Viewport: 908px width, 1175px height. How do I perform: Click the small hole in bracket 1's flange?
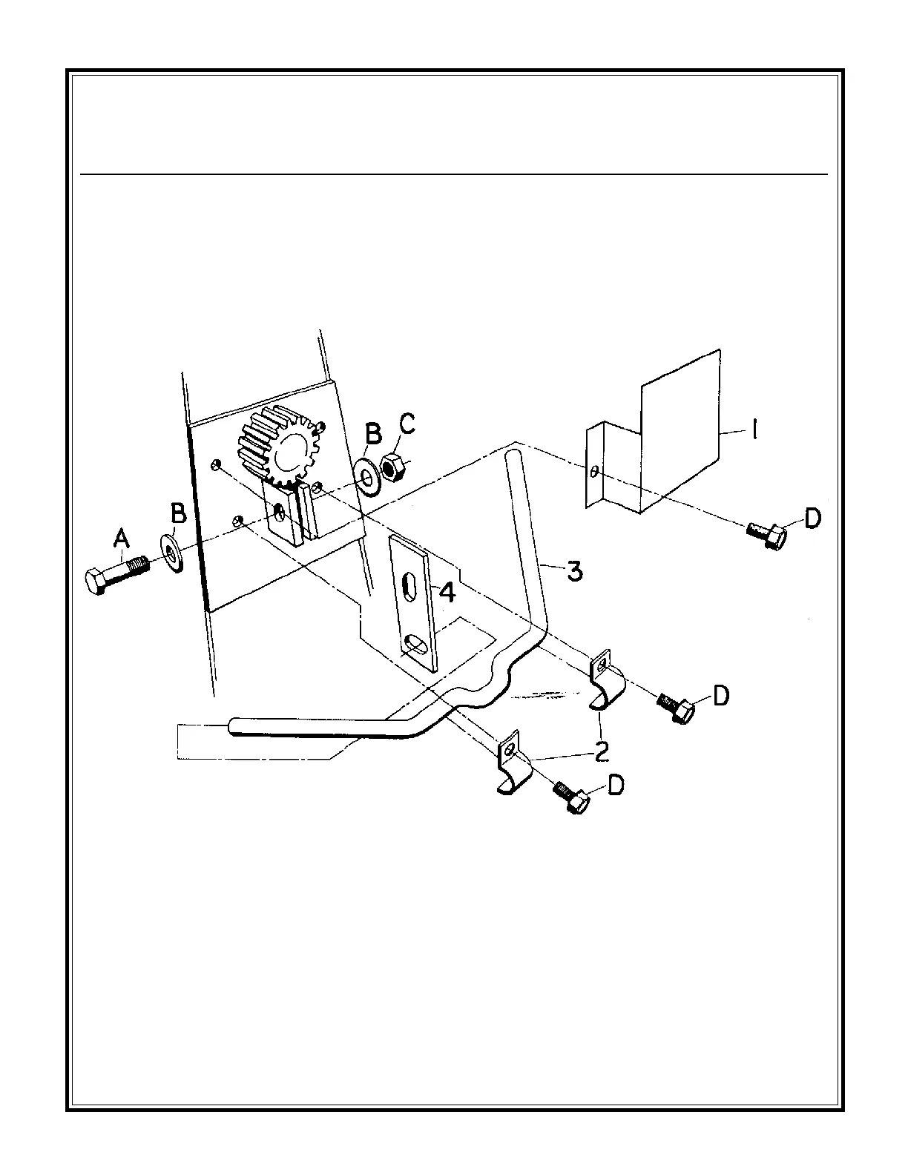coord(595,470)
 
